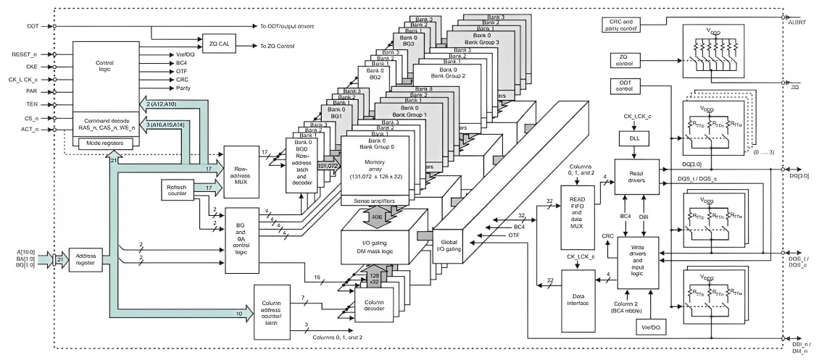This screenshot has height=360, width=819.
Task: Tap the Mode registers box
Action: coord(106,143)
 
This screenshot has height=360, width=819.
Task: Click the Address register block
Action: coord(86,259)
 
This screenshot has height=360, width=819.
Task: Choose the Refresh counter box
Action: coord(178,191)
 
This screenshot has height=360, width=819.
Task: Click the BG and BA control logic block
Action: coord(242,240)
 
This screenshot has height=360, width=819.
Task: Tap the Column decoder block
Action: coord(374,304)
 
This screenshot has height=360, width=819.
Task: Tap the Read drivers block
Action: coord(636,176)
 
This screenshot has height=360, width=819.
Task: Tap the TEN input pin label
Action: coord(33,104)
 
